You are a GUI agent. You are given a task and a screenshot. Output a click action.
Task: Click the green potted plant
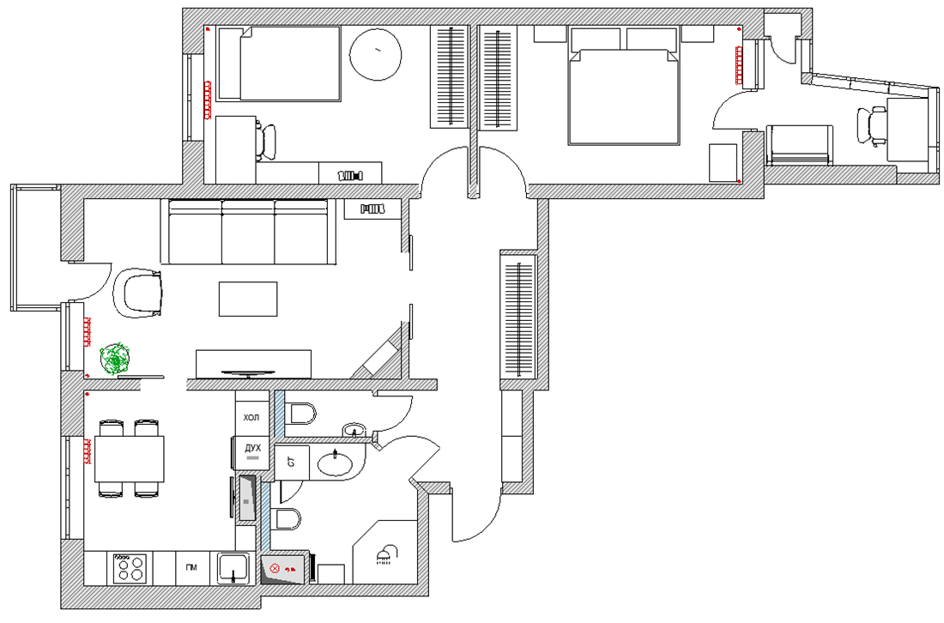[114, 359]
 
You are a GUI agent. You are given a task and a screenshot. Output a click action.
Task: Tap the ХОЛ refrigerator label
[251, 417]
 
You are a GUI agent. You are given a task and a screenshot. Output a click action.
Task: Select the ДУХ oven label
[253, 448]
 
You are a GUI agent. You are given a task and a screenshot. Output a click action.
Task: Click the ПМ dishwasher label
[191, 567]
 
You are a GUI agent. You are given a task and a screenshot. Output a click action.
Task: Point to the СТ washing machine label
[292, 463]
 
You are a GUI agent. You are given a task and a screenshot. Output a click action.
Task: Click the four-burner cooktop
[130, 568]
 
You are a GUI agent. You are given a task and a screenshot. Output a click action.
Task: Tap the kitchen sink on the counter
[234, 568]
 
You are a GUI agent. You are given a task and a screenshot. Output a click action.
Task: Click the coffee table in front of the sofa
[248, 299]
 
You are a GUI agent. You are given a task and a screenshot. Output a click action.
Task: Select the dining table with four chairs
[130, 458]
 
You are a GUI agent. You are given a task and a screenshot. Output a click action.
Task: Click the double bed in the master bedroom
[624, 86]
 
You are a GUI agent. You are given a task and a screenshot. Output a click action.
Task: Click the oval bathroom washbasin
[336, 464]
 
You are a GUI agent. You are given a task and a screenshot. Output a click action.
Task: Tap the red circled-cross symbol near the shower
[275, 567]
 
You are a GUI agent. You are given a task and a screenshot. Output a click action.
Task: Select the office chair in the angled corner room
[871, 125]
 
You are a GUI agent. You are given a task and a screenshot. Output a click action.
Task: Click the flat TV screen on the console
[249, 373]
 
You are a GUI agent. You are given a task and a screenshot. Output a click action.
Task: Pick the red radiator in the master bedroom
[739, 64]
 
